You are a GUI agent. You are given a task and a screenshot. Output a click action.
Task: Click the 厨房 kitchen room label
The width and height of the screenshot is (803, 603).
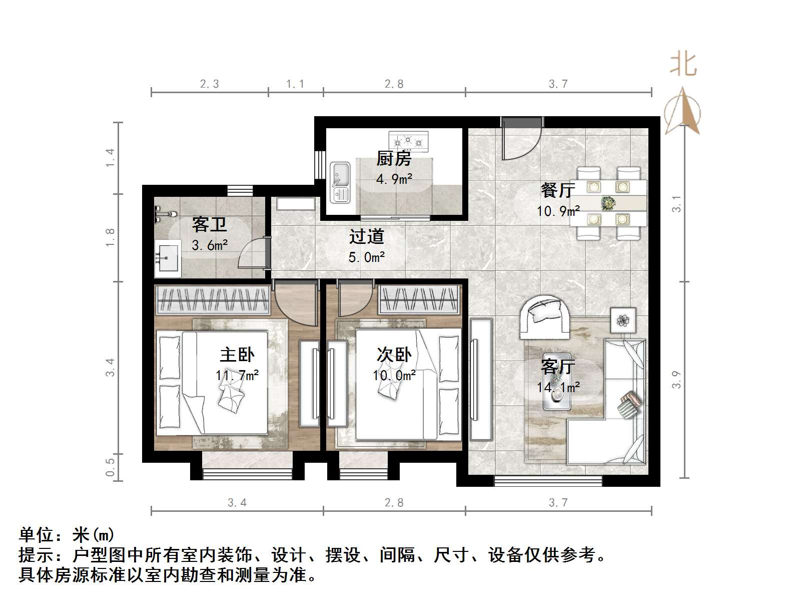(394, 159)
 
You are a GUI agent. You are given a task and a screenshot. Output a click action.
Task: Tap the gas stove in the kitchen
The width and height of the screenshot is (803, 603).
(409, 141)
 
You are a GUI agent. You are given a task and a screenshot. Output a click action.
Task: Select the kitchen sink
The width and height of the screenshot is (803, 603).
(340, 181)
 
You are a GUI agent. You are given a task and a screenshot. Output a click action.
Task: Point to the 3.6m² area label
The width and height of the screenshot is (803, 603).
(210, 245)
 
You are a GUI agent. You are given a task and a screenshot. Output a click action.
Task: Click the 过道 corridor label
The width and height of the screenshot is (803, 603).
(366, 236)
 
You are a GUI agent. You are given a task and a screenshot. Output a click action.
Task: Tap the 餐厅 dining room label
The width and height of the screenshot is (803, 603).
(557, 190)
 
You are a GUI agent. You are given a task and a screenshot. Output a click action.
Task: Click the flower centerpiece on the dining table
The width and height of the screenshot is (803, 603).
(608, 203)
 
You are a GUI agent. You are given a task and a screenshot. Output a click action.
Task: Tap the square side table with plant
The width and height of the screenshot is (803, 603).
(623, 320)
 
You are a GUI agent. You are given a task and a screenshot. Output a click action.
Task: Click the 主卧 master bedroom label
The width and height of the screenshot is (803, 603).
(237, 355)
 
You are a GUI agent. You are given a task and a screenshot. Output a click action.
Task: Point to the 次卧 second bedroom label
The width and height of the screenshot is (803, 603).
(394, 355)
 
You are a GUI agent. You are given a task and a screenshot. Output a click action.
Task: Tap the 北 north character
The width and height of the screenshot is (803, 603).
(683, 65)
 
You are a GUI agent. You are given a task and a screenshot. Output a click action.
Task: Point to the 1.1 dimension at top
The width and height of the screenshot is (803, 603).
(295, 84)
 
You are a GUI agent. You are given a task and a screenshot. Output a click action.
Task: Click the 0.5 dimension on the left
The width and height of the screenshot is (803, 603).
(111, 467)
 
